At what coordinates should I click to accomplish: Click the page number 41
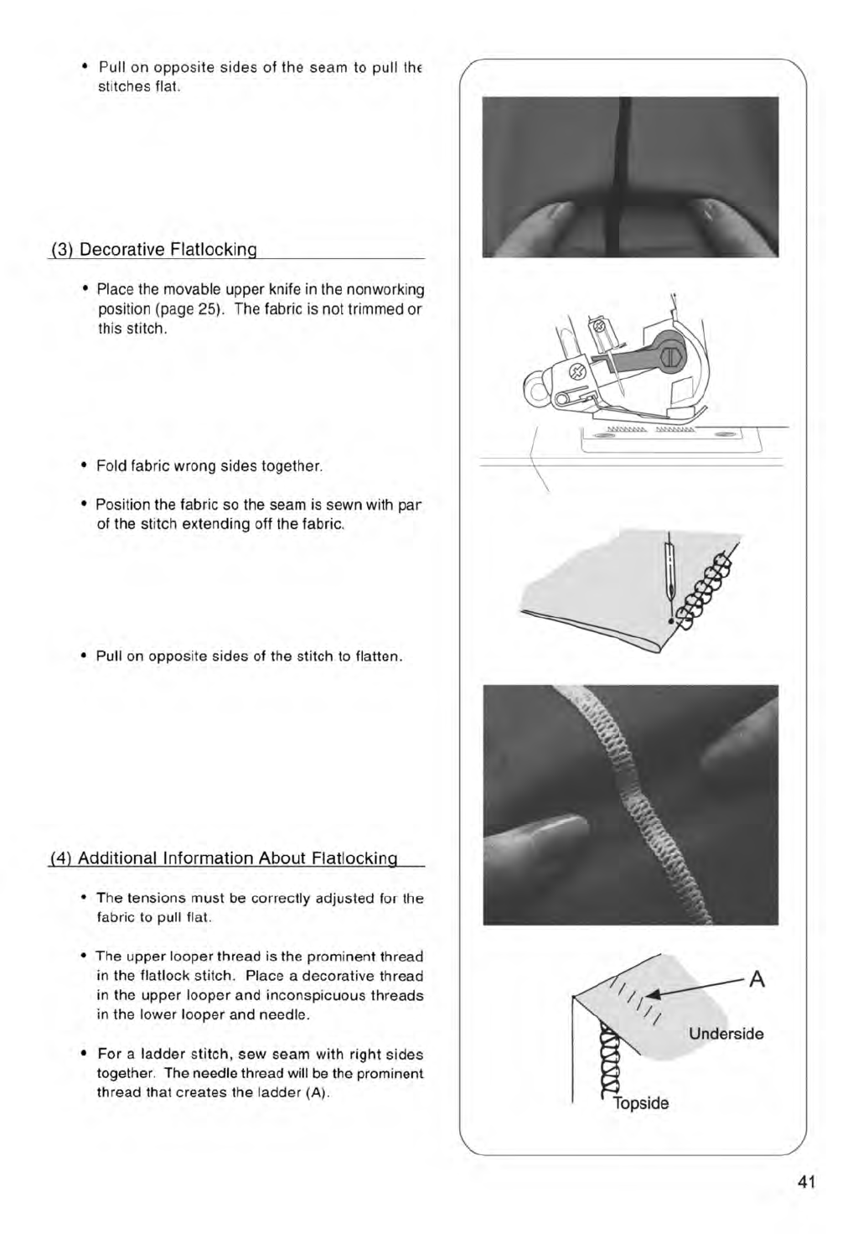[807, 1182]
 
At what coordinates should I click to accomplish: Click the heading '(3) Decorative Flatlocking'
[153, 250]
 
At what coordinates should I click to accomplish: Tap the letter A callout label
[757, 979]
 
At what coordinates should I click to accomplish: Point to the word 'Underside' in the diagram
[726, 1034]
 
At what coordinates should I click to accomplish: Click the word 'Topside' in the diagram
[641, 1103]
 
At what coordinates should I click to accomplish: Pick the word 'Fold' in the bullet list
[111, 466]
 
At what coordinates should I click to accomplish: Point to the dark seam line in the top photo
[624, 176]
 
